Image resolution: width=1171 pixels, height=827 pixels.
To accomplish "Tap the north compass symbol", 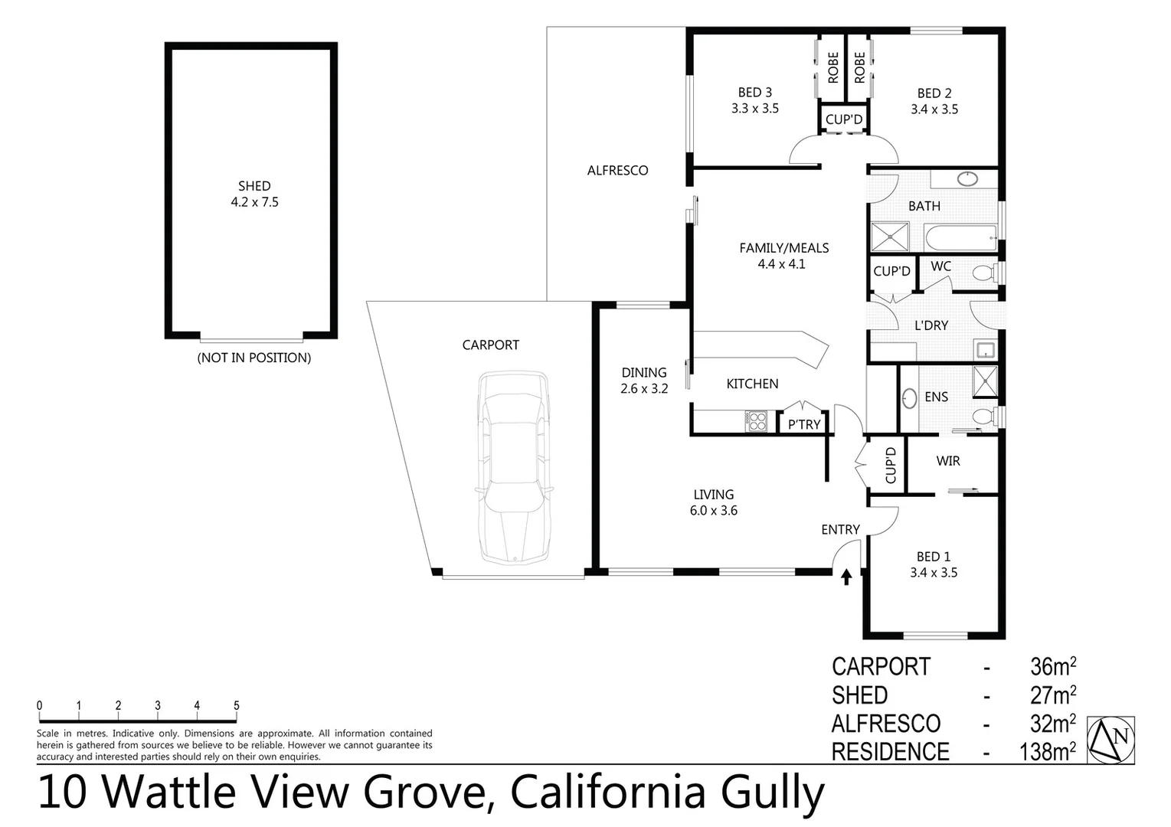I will click(1111, 740).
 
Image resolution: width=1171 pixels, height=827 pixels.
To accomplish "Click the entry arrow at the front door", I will click(846, 577).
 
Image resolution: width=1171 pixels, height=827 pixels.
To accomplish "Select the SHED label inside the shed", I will click(254, 186).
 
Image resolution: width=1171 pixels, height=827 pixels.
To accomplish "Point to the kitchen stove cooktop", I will click(757, 420).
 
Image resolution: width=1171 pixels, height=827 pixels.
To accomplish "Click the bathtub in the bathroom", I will click(960, 237).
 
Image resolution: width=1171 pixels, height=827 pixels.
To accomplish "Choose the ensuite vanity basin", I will click(910, 398).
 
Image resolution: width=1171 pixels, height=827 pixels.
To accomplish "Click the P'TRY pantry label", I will click(804, 424).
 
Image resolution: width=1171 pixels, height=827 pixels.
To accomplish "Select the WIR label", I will click(948, 461).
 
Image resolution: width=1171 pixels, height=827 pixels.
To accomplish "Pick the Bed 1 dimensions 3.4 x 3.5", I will click(934, 573).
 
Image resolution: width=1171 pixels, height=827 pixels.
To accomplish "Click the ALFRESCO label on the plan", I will click(617, 171).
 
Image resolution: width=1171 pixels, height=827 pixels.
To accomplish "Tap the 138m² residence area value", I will click(1047, 752).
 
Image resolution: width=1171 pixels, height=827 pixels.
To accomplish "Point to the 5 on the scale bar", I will click(237, 706).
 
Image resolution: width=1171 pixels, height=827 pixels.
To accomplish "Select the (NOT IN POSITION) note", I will click(254, 358).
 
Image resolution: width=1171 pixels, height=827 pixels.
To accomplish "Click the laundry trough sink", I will click(985, 351).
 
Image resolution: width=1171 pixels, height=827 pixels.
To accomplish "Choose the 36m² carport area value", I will click(1053, 667).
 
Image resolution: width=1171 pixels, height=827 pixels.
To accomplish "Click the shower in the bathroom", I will click(890, 237).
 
